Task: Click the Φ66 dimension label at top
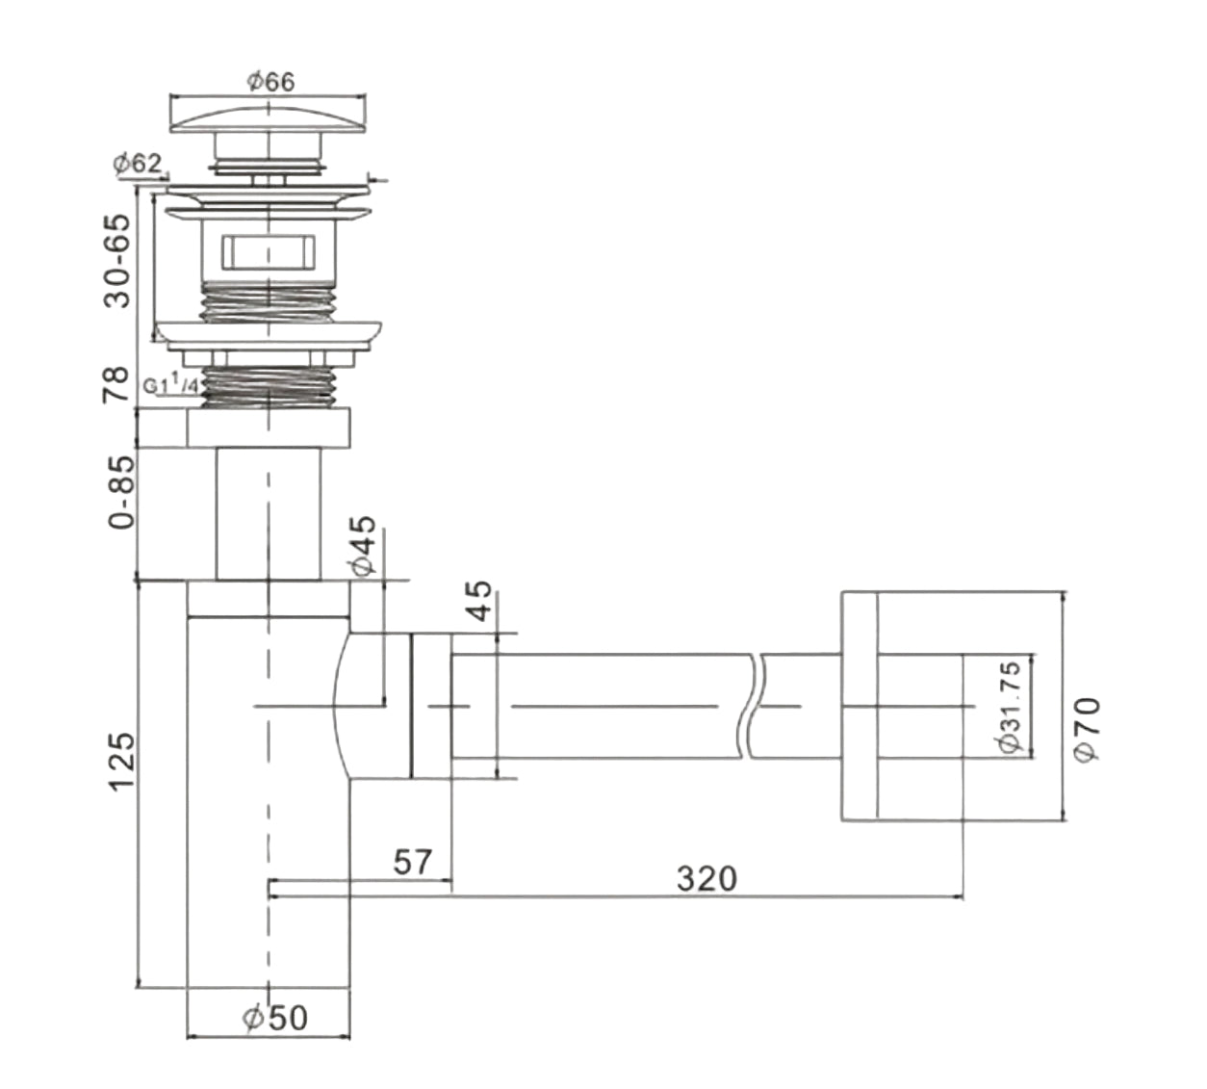270,82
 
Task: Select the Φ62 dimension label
137,164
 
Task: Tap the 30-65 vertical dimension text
116,260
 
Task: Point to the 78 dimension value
116,385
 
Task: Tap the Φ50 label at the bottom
275,1017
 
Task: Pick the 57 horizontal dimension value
413,861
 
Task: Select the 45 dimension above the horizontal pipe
478,602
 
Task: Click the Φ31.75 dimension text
1009,708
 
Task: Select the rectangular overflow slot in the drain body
269,252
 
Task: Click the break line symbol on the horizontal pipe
751,706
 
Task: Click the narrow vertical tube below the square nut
268,512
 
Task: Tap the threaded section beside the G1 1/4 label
269,383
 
